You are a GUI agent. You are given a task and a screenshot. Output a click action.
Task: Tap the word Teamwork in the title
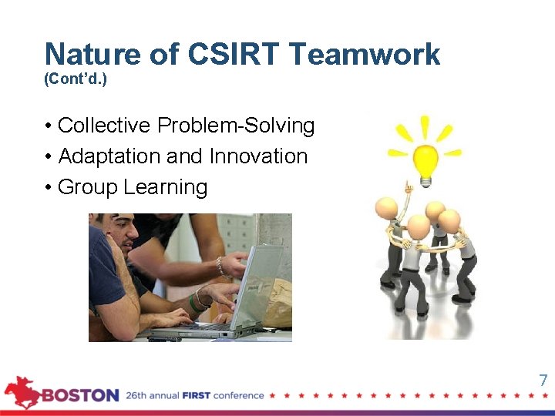[x=364, y=55]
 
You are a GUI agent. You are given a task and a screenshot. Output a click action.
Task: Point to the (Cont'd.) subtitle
[x=76, y=79]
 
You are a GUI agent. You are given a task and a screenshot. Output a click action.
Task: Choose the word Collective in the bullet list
[x=104, y=126]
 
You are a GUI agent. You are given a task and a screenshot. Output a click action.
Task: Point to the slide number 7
[x=543, y=380]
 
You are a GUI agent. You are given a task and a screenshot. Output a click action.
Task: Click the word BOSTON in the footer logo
[x=80, y=396]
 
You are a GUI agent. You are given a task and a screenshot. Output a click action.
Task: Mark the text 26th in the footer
[x=138, y=396]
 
